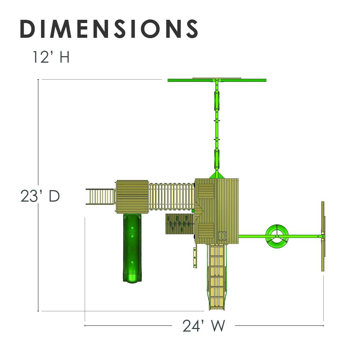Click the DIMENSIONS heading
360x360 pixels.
109,29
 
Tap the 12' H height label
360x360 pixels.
51,57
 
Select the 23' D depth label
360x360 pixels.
40,196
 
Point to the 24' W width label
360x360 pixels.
204,326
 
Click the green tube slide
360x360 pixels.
132,248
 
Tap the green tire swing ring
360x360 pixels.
277,236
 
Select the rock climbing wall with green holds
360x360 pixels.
180,224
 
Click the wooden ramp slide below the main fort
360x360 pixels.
217,276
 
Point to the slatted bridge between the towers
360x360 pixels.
171,196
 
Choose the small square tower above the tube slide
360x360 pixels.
132,197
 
